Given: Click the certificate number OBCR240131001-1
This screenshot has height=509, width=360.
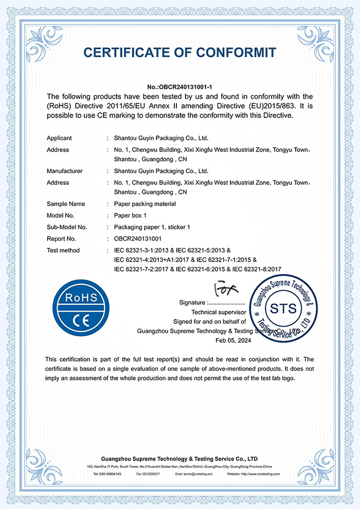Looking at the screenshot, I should pyautogui.click(x=180, y=87).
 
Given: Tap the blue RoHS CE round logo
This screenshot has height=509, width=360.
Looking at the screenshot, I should pyautogui.click(x=82, y=312).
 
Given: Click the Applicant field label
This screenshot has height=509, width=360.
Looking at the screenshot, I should pyautogui.click(x=59, y=138).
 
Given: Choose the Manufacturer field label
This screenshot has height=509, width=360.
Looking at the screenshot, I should pyautogui.click(x=64, y=171).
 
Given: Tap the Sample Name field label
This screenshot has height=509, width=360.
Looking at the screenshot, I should pyautogui.click(x=66, y=204).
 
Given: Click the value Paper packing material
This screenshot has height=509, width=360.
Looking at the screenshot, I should pyautogui.click(x=145, y=204).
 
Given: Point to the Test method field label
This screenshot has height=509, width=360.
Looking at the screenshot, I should pyautogui.click(x=63, y=250).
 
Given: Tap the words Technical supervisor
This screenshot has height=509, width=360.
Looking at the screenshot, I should pyautogui.click(x=219, y=312).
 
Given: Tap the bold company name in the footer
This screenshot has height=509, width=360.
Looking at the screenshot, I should pyautogui.click(x=179, y=458).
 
